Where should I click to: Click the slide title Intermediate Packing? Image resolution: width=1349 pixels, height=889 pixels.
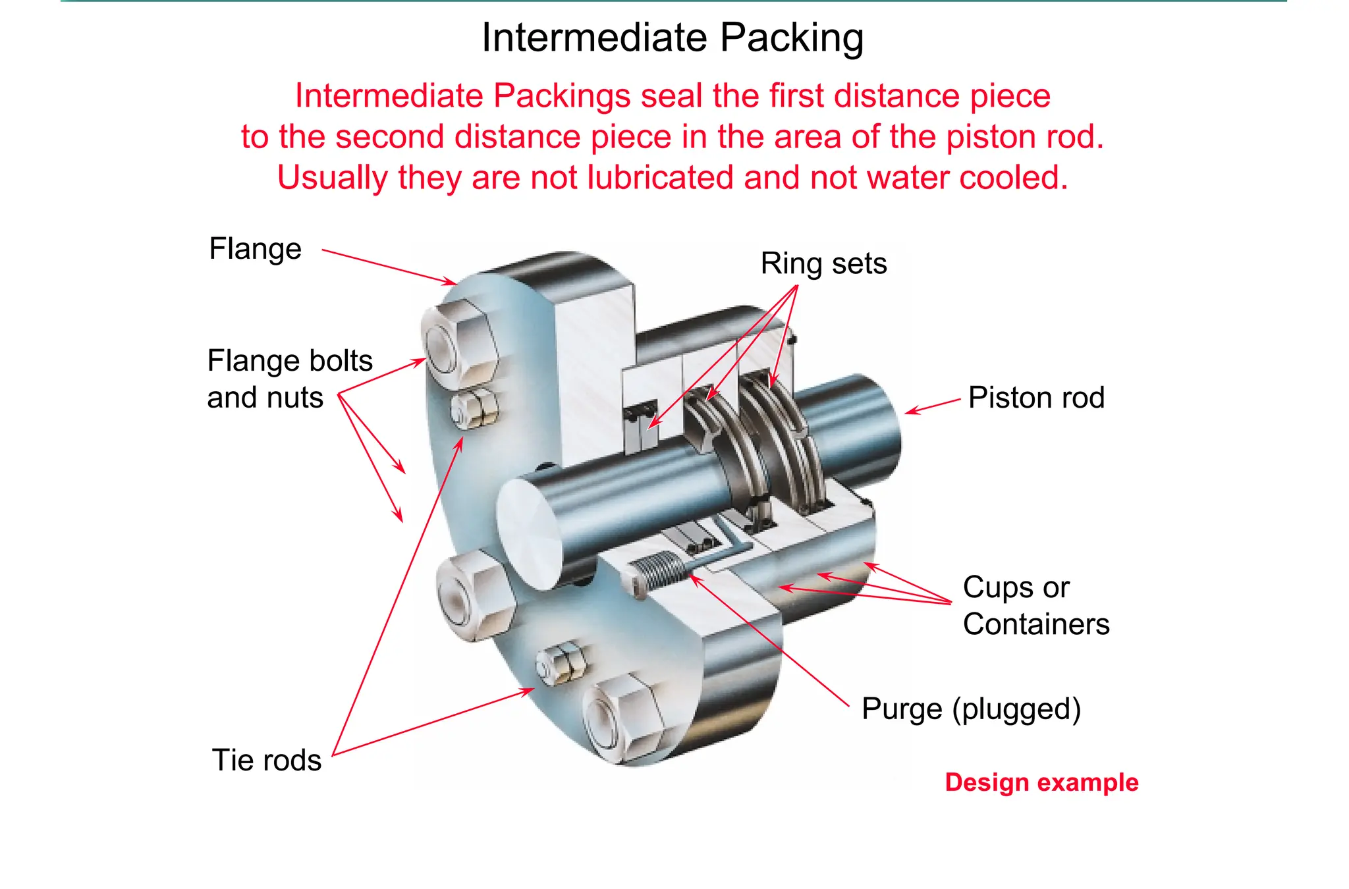pyautogui.click(x=673, y=38)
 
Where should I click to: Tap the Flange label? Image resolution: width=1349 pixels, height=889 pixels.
pyautogui.click(x=255, y=249)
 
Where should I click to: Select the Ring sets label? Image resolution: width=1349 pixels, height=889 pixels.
pyautogui.click(x=823, y=263)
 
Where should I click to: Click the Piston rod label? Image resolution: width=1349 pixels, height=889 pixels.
pyautogui.click(x=1036, y=398)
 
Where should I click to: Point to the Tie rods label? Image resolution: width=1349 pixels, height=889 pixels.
pyautogui.click(x=267, y=760)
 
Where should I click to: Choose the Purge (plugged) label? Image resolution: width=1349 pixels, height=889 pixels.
pyautogui.click(x=972, y=709)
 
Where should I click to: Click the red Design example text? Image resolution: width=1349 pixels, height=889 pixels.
pyautogui.click(x=1041, y=782)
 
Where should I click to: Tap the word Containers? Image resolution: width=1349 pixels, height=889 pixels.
pyautogui.click(x=1036, y=624)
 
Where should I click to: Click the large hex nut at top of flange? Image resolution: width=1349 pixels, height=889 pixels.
pyautogui.click(x=459, y=343)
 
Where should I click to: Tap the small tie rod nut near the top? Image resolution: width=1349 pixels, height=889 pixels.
pyautogui.click(x=474, y=409)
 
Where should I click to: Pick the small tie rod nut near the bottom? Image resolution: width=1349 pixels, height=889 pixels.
pyautogui.click(x=561, y=662)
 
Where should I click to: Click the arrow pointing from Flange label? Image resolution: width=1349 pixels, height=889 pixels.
pyautogui.click(x=389, y=267)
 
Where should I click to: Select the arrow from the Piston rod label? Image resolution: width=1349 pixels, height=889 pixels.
pyautogui.click(x=932, y=406)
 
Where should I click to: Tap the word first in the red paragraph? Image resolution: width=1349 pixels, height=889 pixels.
pyautogui.click(x=797, y=96)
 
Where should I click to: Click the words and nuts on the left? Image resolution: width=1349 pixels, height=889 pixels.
pyautogui.click(x=265, y=398)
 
